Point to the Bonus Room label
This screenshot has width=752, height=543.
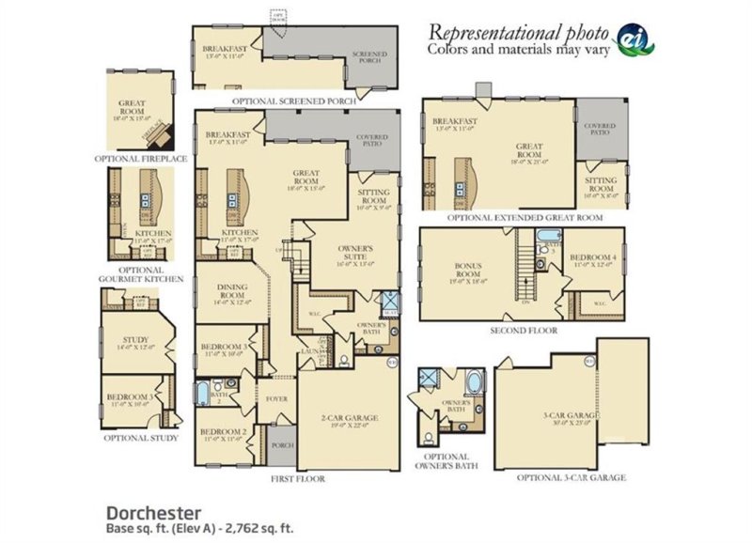(467, 270)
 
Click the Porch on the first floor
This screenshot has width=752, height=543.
(282, 445)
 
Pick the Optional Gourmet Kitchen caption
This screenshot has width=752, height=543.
(139, 274)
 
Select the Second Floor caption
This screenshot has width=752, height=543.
(524, 331)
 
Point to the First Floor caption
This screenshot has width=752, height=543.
(297, 478)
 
